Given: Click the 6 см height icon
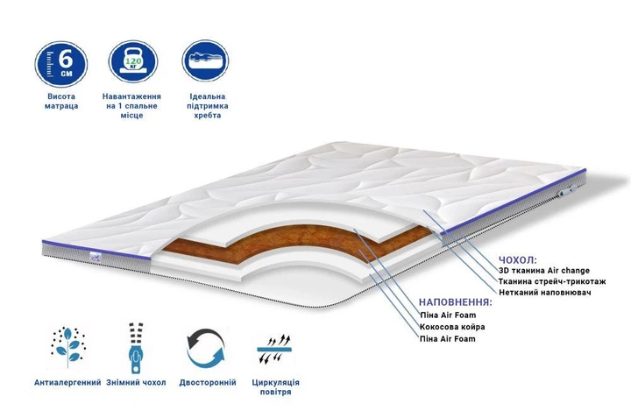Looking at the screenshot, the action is [x=61, y=64].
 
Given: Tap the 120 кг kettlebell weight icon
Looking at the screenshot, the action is [x=133, y=61].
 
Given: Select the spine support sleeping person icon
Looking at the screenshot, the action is [x=205, y=60].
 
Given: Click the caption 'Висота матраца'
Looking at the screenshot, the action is [x=61, y=102].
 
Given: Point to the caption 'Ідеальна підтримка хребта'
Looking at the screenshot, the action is [x=207, y=106].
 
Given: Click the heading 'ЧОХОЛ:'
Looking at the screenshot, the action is [x=518, y=259].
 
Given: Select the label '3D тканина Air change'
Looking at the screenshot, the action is [x=544, y=271].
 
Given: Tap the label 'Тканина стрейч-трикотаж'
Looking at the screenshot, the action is [x=552, y=281].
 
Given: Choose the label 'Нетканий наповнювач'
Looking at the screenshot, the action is [x=545, y=293].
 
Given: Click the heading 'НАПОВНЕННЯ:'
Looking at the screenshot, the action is [x=456, y=302].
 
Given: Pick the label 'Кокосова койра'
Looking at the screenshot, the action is [x=452, y=327].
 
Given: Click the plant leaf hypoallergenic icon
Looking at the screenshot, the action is [x=67, y=345].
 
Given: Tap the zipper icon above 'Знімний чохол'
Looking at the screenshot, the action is [x=136, y=348].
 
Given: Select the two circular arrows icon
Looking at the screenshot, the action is [x=206, y=348].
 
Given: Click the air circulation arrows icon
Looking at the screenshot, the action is [x=275, y=349].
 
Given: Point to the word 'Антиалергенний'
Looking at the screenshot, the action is [x=67, y=383].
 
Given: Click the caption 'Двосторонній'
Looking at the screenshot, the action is [x=208, y=383].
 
